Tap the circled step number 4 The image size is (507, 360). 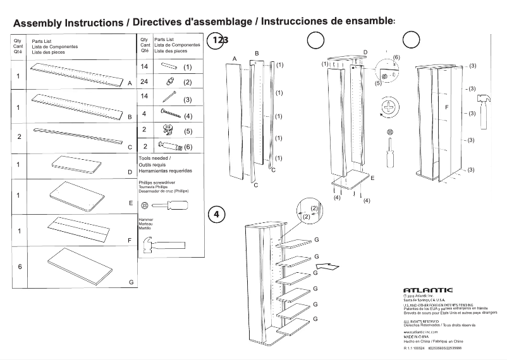coord(216,214)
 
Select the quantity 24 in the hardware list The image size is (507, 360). coord(144,81)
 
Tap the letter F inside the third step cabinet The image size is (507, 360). coord(447,108)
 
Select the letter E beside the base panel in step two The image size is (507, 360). coord(372,179)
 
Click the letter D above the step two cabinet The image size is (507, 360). coord(365,52)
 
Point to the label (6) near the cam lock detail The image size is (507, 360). coord(396,57)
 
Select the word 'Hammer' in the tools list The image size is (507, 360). coord(145,220)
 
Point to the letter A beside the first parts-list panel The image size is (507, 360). coord(129,83)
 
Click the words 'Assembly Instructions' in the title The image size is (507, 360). coord(68,22)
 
